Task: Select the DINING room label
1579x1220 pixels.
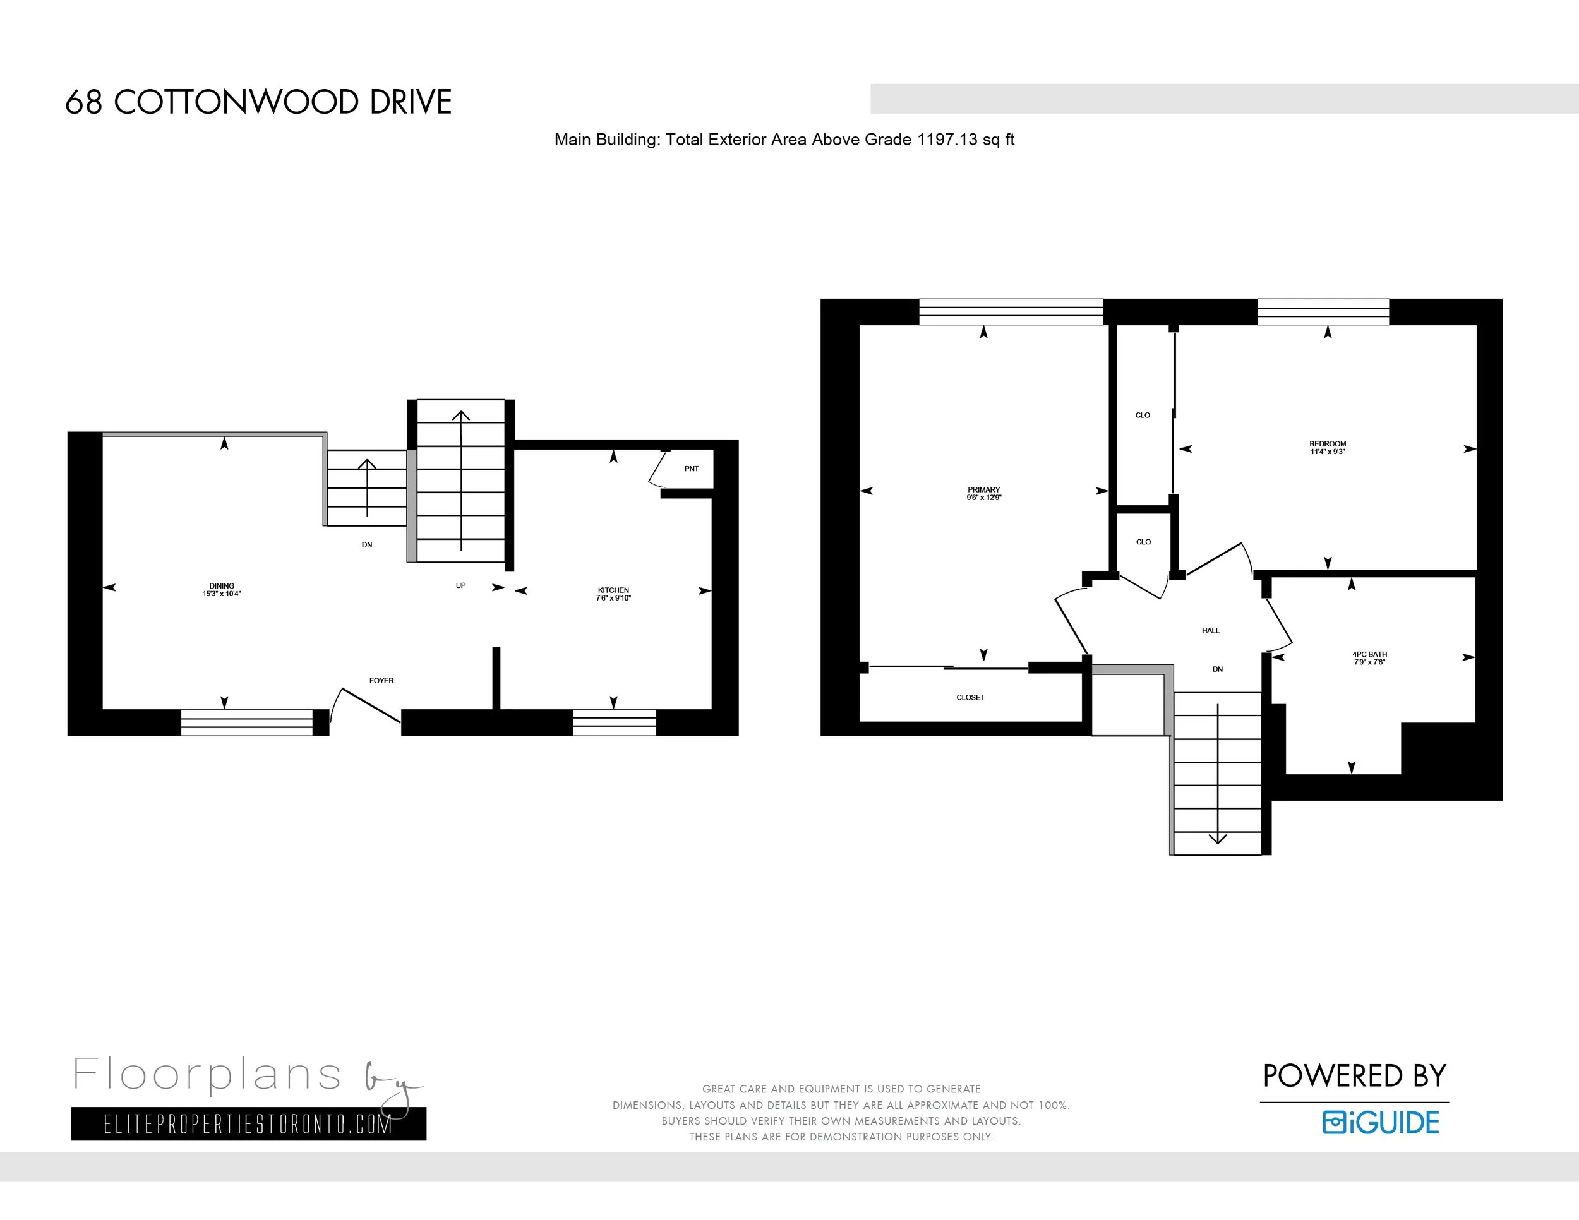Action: tap(222, 586)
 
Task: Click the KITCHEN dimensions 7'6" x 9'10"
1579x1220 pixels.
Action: tap(613, 599)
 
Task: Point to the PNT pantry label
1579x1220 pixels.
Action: tap(691, 469)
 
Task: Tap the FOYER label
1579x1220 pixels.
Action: tap(381, 681)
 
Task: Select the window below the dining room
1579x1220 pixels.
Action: tap(246, 722)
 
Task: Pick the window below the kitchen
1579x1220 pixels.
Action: tap(614, 722)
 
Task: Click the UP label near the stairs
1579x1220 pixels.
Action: tap(460, 585)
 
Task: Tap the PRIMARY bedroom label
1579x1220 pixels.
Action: tap(983, 489)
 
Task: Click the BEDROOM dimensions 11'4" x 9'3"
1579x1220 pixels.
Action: tap(1328, 452)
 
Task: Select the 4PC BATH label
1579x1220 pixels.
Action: tap(1369, 654)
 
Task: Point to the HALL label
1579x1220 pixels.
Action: tap(1210, 630)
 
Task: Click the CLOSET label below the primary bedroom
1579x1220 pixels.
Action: tap(970, 697)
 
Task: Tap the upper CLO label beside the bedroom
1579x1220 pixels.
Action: tap(1143, 415)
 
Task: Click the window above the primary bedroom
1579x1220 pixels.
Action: tap(1011, 311)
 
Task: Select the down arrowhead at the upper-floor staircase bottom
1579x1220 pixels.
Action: tap(1218, 839)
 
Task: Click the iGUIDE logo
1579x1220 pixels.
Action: tap(1380, 1122)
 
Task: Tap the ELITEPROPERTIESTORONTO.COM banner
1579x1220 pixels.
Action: tap(248, 1124)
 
